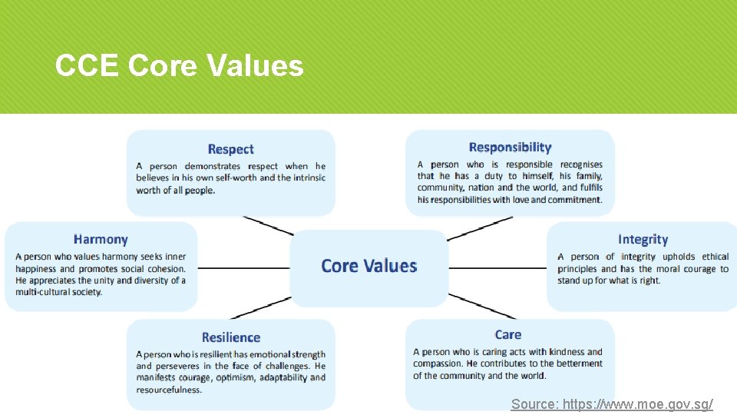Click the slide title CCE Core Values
(179, 66)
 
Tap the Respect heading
(230, 149)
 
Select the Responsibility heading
(510, 147)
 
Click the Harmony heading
(101, 240)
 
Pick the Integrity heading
(643, 240)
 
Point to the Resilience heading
(230, 337)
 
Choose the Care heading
(508, 334)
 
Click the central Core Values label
(368, 266)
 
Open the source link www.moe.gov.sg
(612, 403)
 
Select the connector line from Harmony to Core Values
(243, 268)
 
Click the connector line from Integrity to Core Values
(497, 268)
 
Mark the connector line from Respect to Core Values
(268, 225)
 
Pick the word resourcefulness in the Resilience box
(169, 390)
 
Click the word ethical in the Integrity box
(715, 257)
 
